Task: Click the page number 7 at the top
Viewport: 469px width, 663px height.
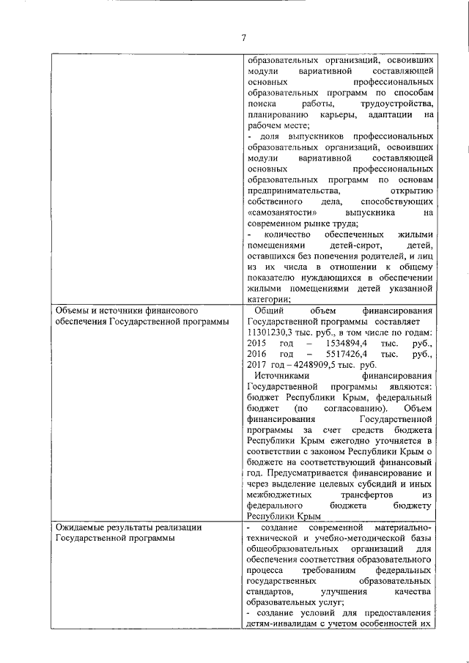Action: [243, 38]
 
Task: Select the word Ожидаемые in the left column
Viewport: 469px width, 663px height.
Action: [80, 527]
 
